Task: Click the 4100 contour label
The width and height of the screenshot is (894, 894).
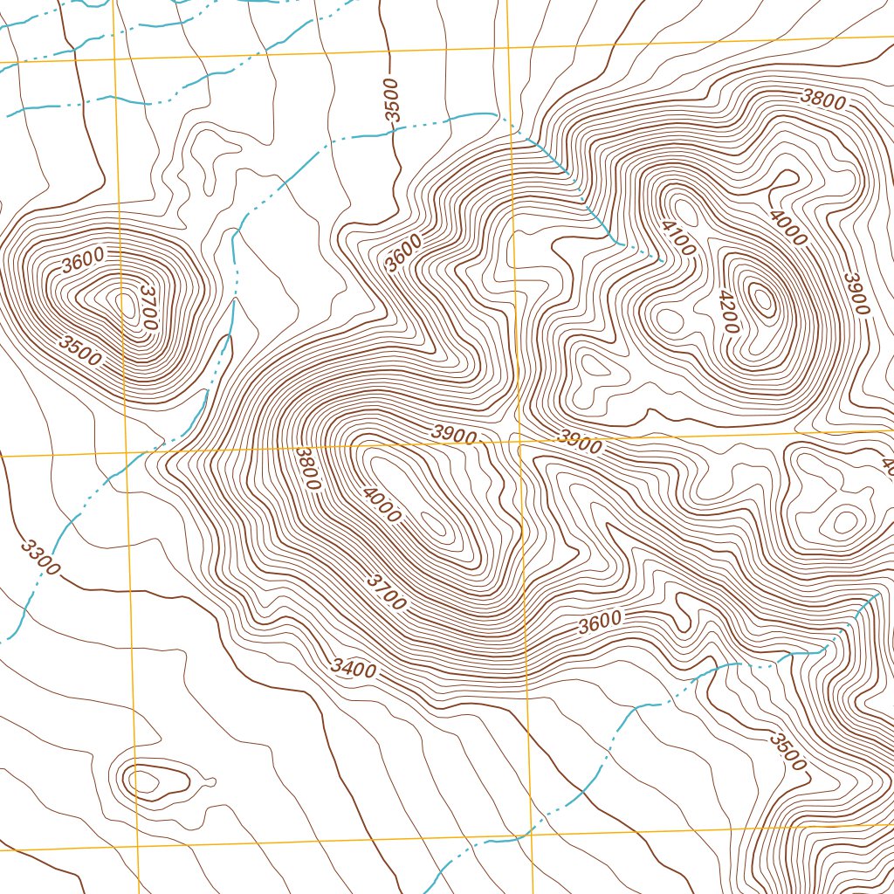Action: (678, 237)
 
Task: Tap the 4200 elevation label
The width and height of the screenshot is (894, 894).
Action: (729, 312)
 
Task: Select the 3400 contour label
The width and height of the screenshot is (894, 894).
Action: (354, 670)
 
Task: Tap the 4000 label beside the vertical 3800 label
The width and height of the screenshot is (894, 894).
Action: (382, 504)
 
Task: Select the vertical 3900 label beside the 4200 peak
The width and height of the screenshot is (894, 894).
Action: (856, 295)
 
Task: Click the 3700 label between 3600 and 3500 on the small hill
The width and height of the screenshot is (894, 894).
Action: (148, 307)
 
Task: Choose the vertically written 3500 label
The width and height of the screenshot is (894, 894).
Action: (392, 100)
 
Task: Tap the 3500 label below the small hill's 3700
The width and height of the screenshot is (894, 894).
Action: (80, 350)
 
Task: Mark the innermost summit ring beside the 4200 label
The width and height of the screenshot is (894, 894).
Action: (763, 301)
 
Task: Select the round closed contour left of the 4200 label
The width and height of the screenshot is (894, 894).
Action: (670, 320)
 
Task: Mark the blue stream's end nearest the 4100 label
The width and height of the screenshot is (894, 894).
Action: (661, 258)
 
